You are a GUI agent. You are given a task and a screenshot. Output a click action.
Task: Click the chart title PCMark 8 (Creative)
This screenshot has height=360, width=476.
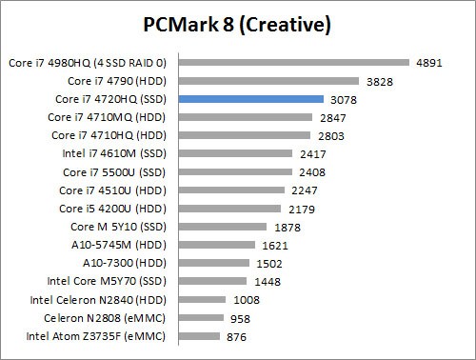(237, 23)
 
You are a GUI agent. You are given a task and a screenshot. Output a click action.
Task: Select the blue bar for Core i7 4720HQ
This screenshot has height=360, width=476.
(251, 99)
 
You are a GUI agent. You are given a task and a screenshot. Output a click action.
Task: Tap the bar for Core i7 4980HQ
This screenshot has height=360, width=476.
(294, 63)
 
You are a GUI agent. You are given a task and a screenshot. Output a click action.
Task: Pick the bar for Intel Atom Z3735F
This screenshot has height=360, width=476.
(200, 336)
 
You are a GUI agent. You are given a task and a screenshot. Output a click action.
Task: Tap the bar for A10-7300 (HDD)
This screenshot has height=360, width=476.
(215, 264)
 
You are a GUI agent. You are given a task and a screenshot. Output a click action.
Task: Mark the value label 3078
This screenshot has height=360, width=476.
(344, 99)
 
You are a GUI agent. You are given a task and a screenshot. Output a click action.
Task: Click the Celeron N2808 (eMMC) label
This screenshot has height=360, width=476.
(110, 318)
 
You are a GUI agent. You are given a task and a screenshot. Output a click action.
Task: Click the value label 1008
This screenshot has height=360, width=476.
(247, 300)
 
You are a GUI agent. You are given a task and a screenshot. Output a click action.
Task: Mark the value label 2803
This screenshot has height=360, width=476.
(330, 136)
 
